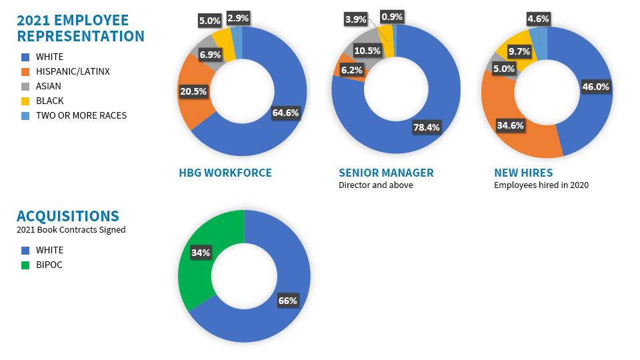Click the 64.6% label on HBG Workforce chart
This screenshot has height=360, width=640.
285,113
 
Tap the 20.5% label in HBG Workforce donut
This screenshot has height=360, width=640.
193,91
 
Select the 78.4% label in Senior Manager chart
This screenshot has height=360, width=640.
426,127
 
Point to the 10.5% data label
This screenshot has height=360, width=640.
367,51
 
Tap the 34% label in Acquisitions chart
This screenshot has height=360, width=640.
201,253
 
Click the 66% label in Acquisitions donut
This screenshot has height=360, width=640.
287,301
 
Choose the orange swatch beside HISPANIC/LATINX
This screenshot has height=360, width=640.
25,71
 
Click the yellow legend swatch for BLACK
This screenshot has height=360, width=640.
25,101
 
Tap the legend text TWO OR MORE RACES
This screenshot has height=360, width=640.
81,115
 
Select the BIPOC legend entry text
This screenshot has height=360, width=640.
49,265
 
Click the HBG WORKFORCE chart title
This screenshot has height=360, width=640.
225,173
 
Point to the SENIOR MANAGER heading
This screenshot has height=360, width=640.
386,173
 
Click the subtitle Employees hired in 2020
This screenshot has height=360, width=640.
541,185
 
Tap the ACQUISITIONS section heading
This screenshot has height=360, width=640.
68,216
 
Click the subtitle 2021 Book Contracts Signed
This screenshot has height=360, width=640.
71,230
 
